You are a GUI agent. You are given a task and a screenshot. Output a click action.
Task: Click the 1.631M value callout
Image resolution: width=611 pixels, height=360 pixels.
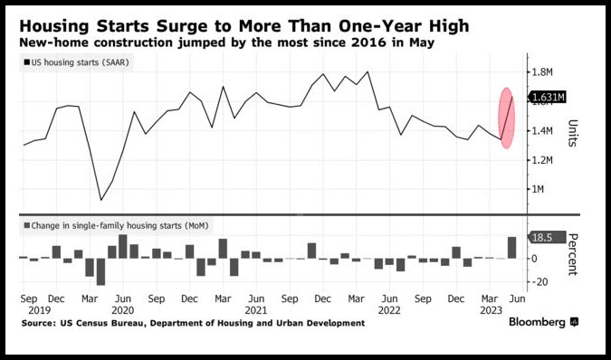tap(547, 97)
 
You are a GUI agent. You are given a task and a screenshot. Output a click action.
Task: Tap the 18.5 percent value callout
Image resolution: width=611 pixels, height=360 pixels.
tap(547, 237)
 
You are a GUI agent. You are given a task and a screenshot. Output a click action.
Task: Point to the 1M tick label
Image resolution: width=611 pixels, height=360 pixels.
tap(538, 189)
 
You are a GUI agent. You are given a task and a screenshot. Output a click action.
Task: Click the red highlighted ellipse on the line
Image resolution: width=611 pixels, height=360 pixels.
tap(507, 118)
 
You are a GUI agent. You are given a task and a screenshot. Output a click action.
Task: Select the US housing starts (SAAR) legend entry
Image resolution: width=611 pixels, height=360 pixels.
tap(76, 62)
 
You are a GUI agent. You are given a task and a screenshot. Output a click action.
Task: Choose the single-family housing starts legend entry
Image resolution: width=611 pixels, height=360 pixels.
tap(116, 226)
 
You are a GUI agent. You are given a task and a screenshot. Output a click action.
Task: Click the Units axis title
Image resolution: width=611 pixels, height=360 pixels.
tap(572, 133)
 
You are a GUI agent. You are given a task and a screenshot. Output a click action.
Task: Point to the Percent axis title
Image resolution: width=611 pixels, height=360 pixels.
tap(572, 254)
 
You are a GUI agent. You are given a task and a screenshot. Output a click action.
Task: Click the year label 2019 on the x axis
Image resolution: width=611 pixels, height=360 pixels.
tap(39, 310)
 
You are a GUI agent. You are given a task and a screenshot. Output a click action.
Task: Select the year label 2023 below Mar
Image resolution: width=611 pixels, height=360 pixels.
tap(491, 310)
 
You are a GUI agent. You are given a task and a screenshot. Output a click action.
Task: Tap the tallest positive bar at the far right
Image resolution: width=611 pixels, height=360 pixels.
tap(511, 248)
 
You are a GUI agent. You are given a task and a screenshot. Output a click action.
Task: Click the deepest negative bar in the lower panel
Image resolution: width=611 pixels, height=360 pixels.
tap(100, 271)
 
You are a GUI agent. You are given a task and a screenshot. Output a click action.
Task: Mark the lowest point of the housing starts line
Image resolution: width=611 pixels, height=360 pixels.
tap(101, 200)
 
